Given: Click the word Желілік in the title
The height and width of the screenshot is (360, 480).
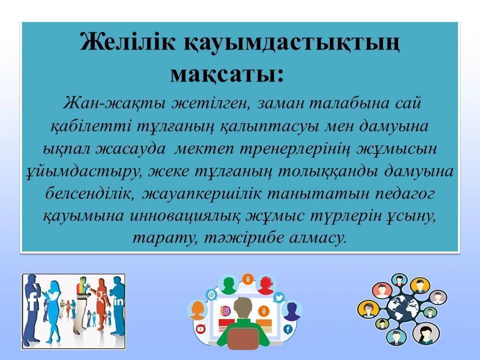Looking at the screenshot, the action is [x=127, y=42].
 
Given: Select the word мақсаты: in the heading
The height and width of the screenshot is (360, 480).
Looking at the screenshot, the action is [x=227, y=74].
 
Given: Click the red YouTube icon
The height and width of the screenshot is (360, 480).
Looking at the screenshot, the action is [x=200, y=329].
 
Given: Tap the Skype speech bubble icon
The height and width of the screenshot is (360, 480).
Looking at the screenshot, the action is [x=211, y=295].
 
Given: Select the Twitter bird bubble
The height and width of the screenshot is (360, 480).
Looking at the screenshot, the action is [x=279, y=297].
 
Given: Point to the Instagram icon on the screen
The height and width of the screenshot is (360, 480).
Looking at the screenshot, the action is [x=225, y=311].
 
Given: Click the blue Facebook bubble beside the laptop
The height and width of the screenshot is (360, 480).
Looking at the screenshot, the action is [x=288, y=329].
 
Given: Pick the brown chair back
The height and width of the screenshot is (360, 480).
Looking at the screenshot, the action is [x=243, y=338].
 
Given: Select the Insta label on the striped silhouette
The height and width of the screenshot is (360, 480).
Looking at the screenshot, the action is [x=82, y=296].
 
